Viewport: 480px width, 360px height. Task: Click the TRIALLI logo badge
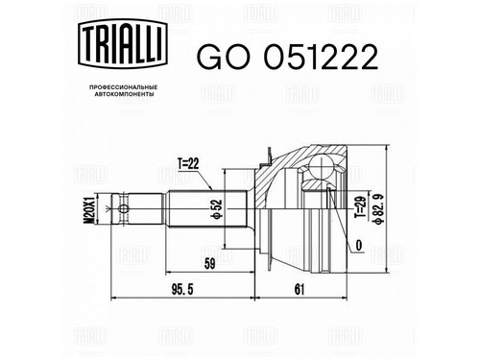123,43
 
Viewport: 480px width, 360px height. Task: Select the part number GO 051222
287,57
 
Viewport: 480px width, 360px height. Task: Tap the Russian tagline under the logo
124,90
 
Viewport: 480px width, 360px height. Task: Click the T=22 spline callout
188,164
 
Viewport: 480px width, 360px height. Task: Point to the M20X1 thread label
88,208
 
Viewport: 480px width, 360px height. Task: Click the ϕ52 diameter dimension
217,209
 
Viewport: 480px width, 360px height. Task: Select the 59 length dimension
209,263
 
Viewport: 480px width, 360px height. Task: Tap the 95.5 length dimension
182,290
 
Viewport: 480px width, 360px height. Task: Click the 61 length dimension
300,290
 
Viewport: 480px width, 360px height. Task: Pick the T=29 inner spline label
359,206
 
